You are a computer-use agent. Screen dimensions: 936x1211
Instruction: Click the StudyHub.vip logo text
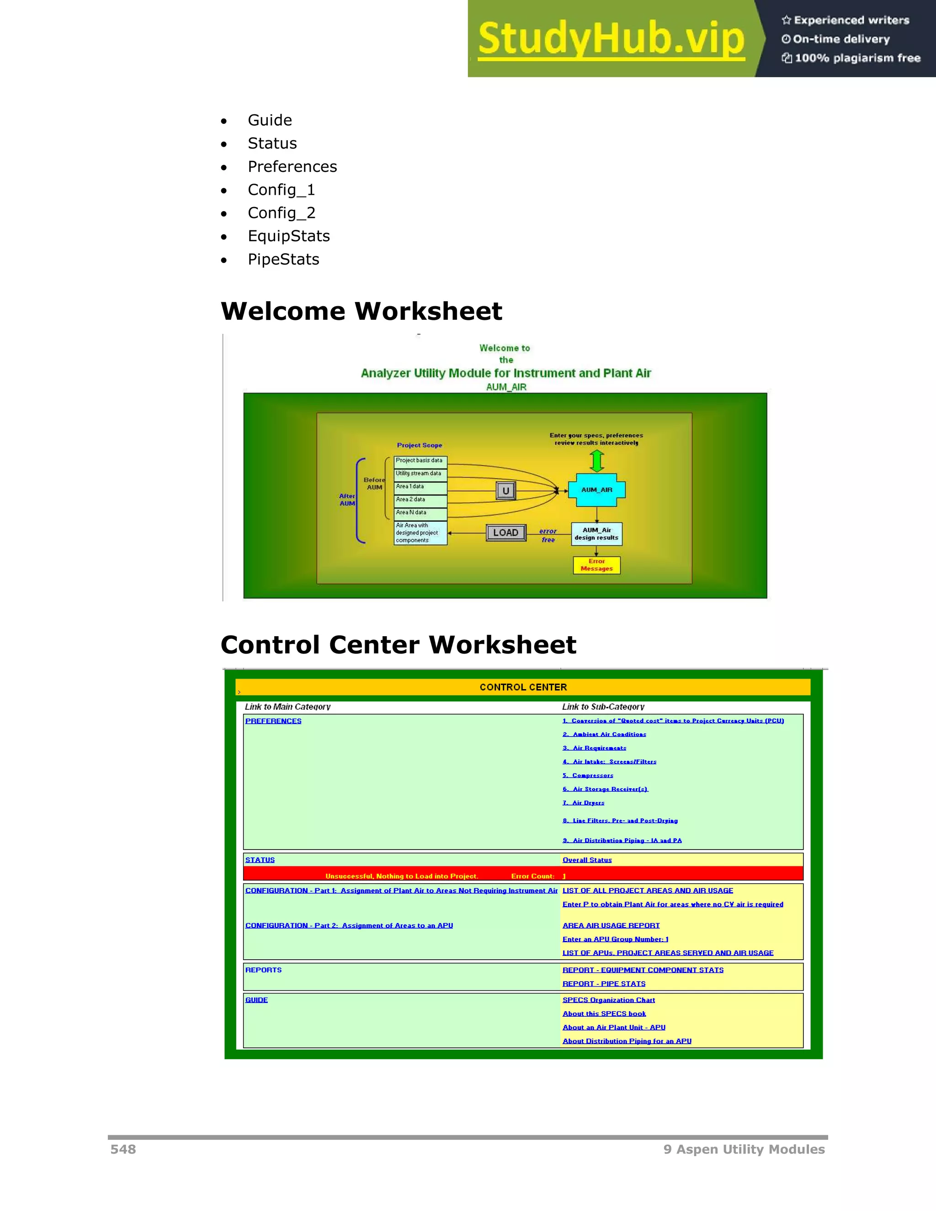[611, 38]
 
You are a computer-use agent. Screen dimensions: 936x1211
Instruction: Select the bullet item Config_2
[281, 213]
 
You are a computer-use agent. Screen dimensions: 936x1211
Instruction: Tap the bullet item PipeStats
[283, 260]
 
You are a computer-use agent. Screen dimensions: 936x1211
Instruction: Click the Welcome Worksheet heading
[361, 311]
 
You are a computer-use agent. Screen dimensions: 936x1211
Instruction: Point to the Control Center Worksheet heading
[398, 645]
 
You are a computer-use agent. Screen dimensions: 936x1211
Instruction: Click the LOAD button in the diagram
[506, 533]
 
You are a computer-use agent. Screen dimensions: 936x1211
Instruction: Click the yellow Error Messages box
[596, 565]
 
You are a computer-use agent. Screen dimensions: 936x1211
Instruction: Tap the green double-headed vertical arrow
[596, 461]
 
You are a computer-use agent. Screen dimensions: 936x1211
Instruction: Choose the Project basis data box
[420, 461]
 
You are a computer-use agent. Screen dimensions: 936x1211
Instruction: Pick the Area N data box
[420, 513]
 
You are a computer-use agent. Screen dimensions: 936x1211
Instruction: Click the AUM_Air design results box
[596, 534]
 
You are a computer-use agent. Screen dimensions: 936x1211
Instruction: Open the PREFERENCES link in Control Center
[273, 721]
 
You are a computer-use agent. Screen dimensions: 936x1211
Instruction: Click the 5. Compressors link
[588, 775]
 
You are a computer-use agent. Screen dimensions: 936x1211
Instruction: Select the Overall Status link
[587, 860]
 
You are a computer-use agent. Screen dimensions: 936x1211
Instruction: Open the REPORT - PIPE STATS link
[604, 984]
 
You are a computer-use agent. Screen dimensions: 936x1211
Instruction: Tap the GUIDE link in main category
[256, 1000]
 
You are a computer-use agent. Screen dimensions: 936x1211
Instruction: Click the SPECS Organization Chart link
[608, 1000]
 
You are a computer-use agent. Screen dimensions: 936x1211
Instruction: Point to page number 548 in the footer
[123, 1149]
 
